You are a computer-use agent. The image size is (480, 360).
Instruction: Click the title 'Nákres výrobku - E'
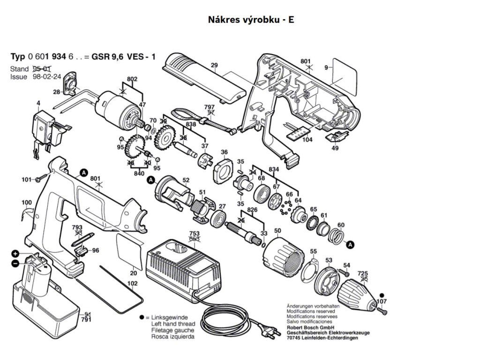pyautogui.click(x=251, y=20)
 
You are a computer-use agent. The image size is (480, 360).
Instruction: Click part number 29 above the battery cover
pyautogui.click(x=214, y=65)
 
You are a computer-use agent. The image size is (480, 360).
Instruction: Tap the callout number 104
pyautogui.click(x=307, y=140)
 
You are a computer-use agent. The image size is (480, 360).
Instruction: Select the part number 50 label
pyautogui.click(x=277, y=231)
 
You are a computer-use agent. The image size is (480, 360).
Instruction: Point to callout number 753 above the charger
pyautogui.click(x=195, y=233)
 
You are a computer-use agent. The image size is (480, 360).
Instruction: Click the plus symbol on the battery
pyautogui.click(x=15, y=254)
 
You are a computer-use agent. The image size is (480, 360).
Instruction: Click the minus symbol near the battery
pyautogui.click(x=15, y=263)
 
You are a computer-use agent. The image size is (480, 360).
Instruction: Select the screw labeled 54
pyautogui.click(x=344, y=272)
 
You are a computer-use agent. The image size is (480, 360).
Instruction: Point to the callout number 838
pyautogui.click(x=191, y=124)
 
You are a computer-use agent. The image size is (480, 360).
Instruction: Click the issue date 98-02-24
pyautogui.click(x=47, y=76)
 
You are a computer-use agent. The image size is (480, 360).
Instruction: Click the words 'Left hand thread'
pyautogui.click(x=173, y=324)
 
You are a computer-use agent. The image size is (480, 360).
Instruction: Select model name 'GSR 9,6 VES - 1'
pyautogui.click(x=123, y=57)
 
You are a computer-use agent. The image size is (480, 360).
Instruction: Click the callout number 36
pyautogui.click(x=224, y=152)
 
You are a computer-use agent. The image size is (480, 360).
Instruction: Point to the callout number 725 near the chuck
pyautogui.click(x=363, y=273)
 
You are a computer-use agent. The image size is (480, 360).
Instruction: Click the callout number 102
pyautogui.click(x=132, y=284)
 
